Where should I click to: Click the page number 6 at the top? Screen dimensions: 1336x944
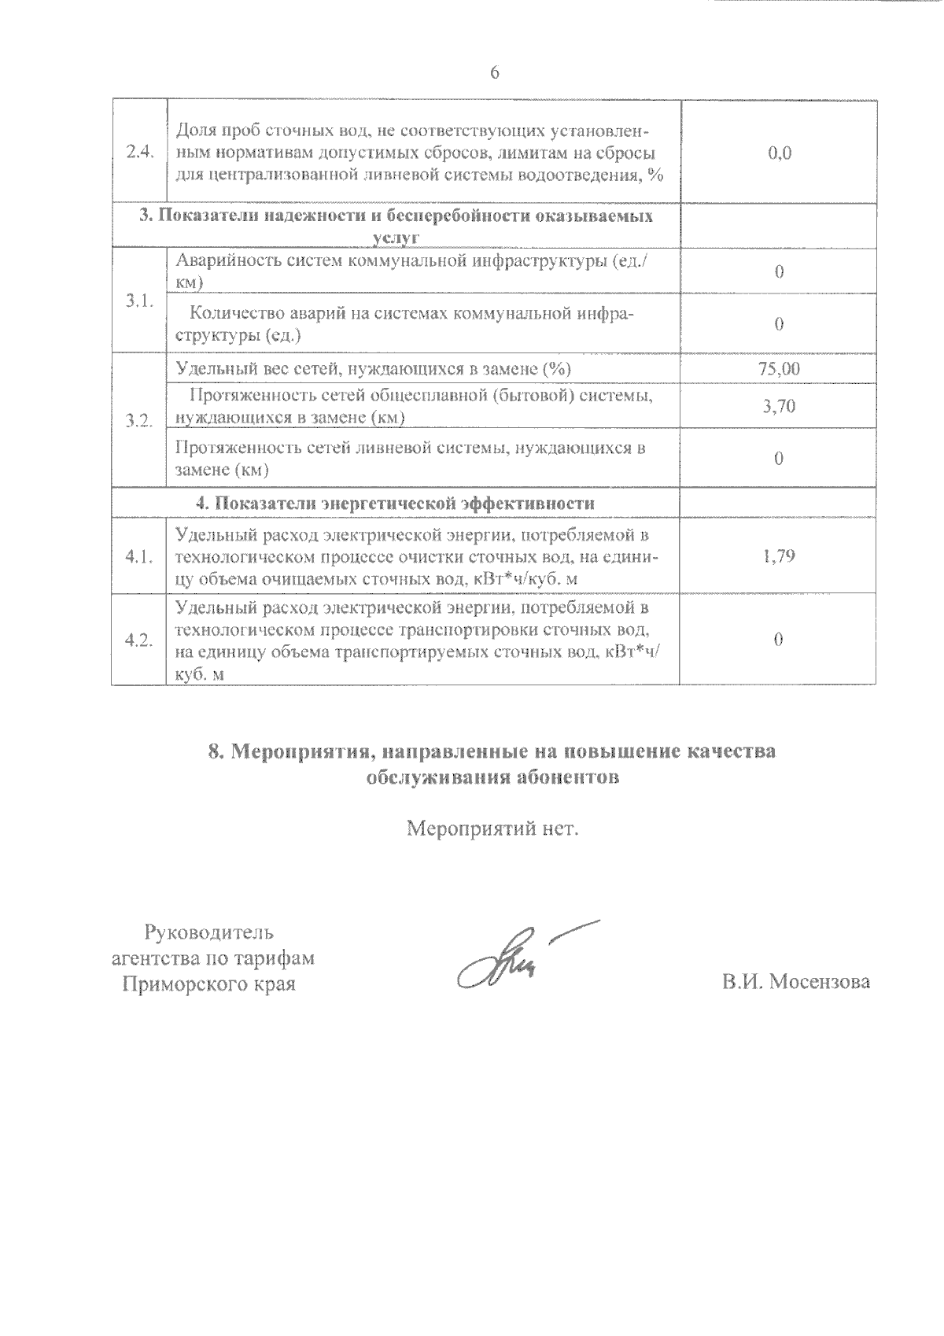494,72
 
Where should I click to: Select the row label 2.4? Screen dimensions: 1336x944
138,153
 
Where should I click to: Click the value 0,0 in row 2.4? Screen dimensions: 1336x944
779,153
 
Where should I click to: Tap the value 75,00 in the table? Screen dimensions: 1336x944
779,368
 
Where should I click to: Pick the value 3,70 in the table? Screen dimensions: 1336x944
779,406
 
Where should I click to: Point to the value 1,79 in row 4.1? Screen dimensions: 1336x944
779,556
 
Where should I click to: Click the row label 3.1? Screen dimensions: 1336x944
138,302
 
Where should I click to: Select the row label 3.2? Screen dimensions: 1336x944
138,420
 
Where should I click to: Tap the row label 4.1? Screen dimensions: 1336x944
138,557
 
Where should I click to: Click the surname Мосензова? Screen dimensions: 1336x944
820,983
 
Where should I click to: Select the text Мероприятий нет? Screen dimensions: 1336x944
492,829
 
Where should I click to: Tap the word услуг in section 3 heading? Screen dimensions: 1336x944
395,238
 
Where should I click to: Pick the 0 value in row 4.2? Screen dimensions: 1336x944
779,640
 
